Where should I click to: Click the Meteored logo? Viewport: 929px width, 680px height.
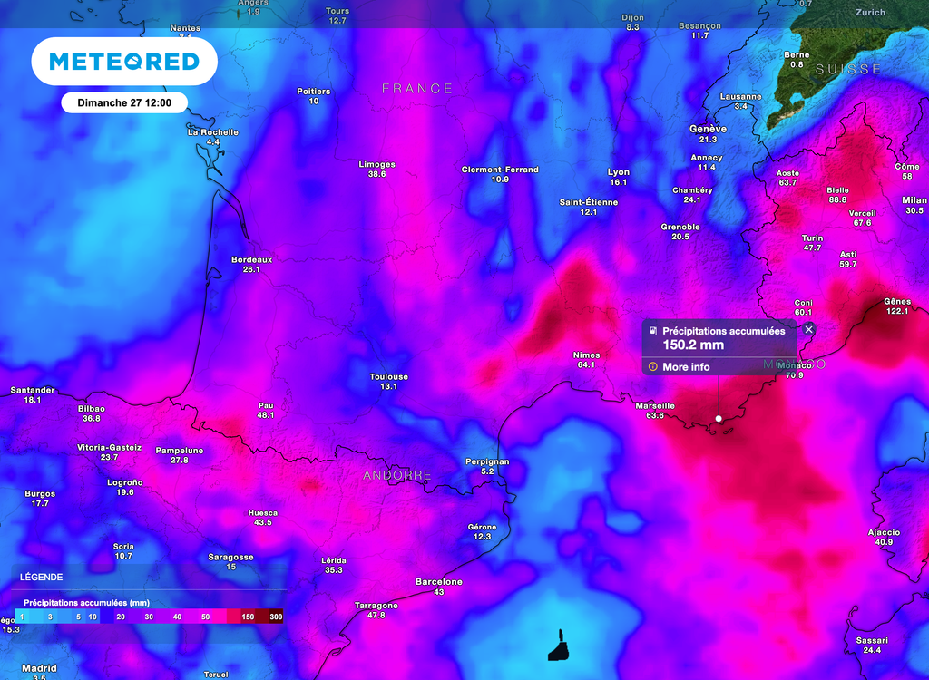(x=124, y=62)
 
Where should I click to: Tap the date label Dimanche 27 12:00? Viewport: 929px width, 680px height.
(x=124, y=102)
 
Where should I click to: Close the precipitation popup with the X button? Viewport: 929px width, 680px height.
(x=808, y=330)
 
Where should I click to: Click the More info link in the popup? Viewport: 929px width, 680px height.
(x=686, y=367)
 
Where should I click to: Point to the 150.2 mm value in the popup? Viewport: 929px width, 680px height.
(x=692, y=345)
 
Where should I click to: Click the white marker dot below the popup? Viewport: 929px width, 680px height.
(x=719, y=418)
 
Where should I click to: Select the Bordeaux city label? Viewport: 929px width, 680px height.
(x=251, y=259)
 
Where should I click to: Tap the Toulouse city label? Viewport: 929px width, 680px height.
(x=388, y=376)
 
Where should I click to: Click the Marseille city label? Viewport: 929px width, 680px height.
(x=654, y=405)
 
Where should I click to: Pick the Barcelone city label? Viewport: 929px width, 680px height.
(x=439, y=581)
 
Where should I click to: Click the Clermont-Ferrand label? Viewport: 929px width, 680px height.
(x=500, y=170)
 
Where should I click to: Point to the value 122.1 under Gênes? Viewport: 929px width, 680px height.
(x=896, y=311)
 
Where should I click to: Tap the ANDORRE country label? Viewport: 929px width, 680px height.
(x=397, y=475)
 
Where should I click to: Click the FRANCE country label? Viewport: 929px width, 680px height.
(x=417, y=88)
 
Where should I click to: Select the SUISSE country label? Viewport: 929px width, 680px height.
(x=847, y=69)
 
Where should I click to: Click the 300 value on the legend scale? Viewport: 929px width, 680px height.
(x=276, y=617)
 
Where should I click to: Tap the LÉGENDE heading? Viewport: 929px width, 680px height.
(x=42, y=577)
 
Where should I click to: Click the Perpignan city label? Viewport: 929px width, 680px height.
(x=487, y=461)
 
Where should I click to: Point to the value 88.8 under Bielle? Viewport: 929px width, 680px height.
(x=837, y=199)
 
